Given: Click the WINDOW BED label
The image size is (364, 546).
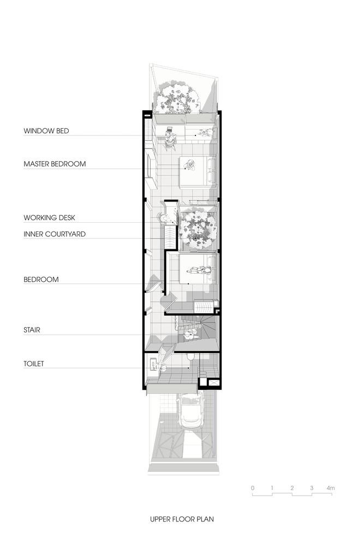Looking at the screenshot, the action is (46, 131).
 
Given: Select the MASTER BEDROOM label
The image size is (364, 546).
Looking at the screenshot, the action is (55, 164).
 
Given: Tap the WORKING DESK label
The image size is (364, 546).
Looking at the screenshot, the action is (50, 218).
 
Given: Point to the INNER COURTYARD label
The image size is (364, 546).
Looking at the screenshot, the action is (55, 234).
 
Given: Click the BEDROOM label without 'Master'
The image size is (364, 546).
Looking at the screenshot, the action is (41, 279).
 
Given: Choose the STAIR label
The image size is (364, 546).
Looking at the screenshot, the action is (32, 330).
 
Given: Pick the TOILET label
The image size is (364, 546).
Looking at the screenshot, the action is (34, 364).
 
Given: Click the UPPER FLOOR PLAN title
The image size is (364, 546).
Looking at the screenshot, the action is (182, 519).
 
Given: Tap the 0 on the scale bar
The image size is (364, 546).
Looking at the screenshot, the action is (253, 488).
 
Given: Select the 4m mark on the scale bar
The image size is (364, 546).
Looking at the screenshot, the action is (331, 488).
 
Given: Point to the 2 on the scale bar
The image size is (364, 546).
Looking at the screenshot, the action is (292, 488).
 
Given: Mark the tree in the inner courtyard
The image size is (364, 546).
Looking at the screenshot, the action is (198, 229).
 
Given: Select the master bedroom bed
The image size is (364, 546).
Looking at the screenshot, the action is (198, 171).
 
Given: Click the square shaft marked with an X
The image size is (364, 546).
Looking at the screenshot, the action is (213, 383).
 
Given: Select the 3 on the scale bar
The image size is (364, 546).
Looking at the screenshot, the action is (312, 488).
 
